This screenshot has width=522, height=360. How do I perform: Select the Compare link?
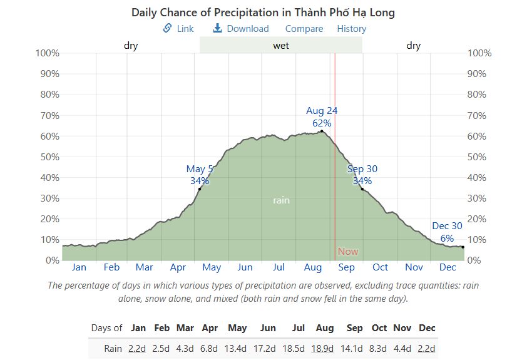pos(304,29)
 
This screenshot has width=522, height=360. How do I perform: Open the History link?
pos(352,29)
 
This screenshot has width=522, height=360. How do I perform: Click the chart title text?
pos(263,13)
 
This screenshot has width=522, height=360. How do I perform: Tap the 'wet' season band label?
pos(281,46)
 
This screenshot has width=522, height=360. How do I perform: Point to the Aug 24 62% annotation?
pos(322,117)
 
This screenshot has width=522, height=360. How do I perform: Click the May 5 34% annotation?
pos(200,175)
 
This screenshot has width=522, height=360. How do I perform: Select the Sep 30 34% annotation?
pos(362,175)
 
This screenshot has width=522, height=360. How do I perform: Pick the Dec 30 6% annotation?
pos(447,232)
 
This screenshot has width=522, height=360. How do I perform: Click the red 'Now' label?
pos(348,252)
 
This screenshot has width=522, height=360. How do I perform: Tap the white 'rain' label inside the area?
pos(281,200)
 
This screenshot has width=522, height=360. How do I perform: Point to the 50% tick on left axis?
pos(49,157)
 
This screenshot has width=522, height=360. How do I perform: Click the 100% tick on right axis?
pos(480,53)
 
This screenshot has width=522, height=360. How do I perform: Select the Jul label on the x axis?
pos(279,267)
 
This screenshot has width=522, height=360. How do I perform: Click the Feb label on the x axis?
pos(111,267)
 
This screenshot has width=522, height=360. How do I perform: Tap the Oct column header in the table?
pos(379,328)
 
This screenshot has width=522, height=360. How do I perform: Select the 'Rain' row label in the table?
pos(113,349)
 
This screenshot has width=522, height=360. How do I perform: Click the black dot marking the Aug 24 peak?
pos(322,131)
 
